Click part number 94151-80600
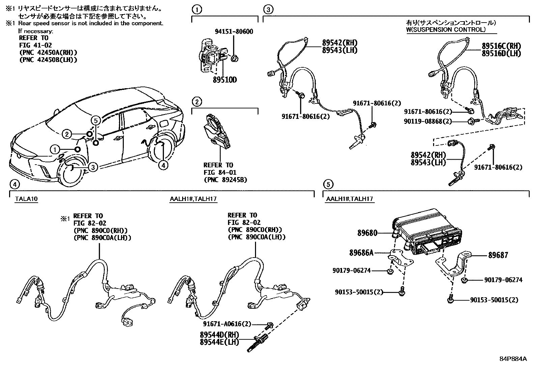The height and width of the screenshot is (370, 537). [234, 32]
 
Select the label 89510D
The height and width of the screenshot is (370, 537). [225, 80]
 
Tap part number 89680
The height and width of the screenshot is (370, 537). [367, 233]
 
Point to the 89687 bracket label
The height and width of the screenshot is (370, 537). [498, 255]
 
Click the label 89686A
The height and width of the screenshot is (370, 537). [361, 252]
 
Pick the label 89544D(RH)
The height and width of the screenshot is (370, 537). [219, 335]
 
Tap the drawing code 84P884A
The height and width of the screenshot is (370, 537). [513, 359]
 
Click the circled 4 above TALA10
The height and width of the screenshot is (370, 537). [13, 184]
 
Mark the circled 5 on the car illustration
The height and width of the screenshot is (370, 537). [95, 120]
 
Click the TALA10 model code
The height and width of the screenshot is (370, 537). [26, 199]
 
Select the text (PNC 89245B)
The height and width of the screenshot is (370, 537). [225, 180]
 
